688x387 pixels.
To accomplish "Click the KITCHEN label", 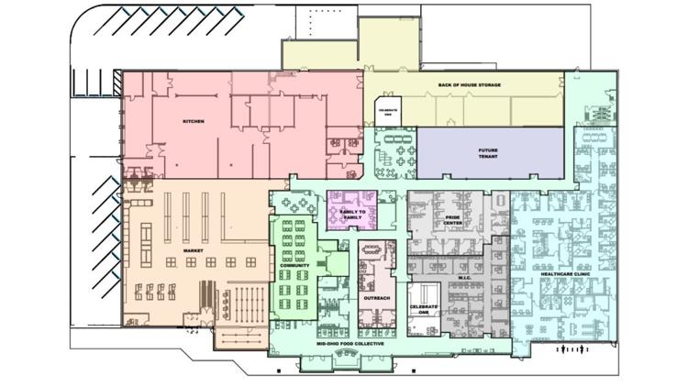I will (x=193, y=121).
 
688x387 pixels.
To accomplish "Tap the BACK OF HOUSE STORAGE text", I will (x=469, y=84).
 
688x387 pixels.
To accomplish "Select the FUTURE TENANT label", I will (x=488, y=153).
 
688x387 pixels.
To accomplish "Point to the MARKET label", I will (x=193, y=250).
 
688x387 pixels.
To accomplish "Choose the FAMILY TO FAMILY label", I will (x=352, y=213).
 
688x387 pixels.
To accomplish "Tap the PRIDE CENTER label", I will (x=453, y=221).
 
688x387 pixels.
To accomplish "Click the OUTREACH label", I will (x=376, y=298).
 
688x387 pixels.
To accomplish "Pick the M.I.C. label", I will (x=464, y=276).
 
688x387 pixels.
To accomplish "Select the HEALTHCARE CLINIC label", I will (x=565, y=274).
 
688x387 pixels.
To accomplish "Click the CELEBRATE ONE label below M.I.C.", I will (x=424, y=309).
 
